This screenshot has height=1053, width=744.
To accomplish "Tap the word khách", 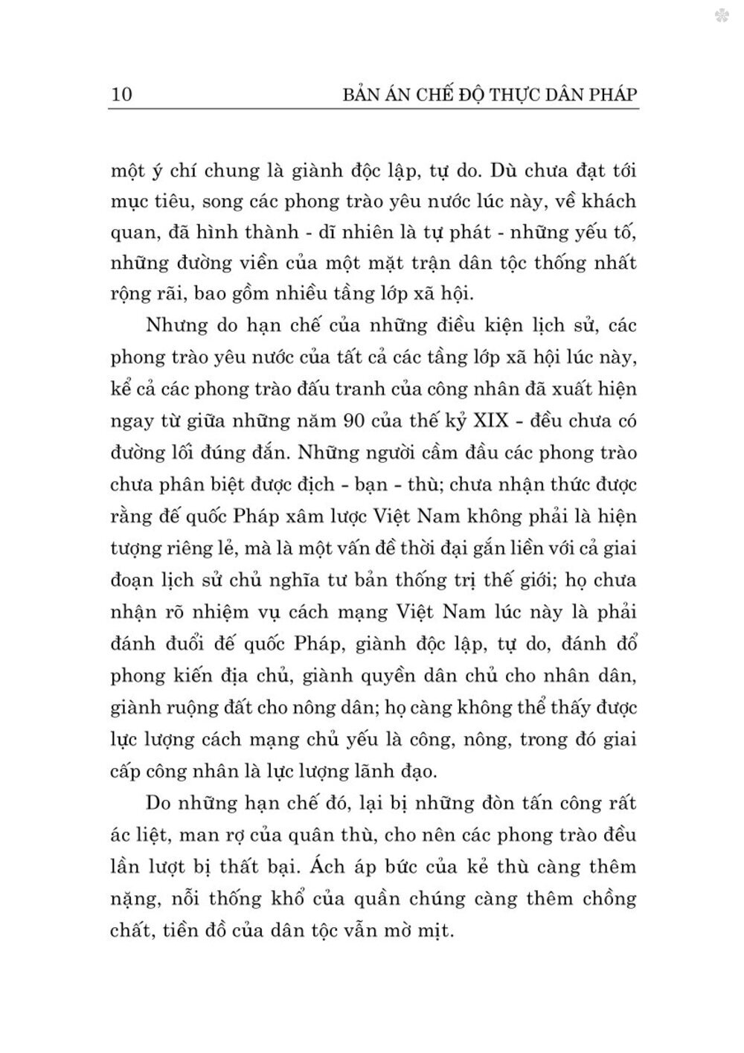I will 608,201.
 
